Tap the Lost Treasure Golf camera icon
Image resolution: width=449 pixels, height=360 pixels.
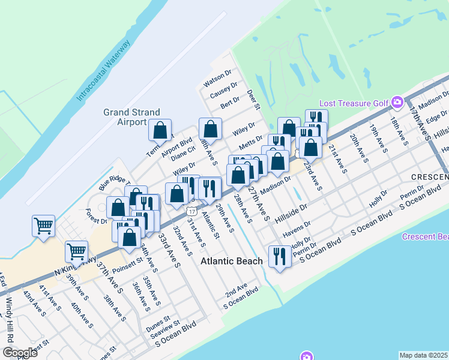[396, 103]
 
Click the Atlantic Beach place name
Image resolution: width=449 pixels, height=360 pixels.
[231, 261]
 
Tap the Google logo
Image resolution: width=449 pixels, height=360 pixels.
[20, 353]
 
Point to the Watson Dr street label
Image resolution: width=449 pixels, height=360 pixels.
[217, 77]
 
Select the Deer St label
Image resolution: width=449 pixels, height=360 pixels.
[253, 100]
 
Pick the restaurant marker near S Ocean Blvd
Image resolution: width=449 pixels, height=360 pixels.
[279, 257]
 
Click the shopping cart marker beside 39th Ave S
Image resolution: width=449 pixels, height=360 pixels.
[76, 250]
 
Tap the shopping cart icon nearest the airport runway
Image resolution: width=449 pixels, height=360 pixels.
[44, 226]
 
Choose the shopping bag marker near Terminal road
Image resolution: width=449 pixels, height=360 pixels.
[161, 130]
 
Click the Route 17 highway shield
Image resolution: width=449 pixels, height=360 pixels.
[190, 211]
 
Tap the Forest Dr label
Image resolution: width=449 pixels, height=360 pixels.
[96, 216]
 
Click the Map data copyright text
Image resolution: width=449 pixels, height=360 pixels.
[424, 355]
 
